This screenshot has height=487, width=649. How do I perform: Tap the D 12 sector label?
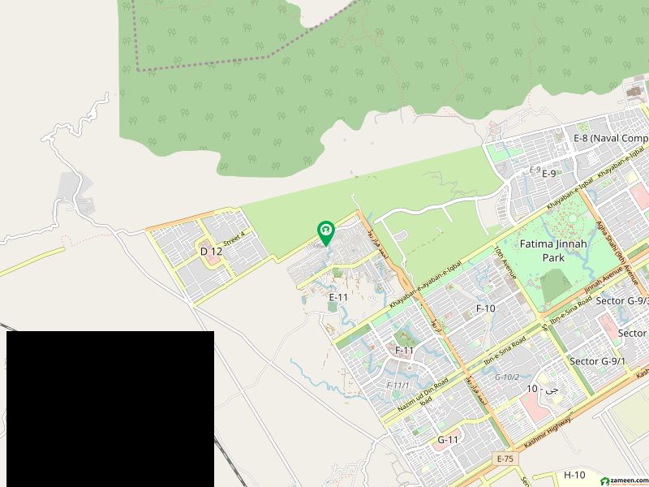211,252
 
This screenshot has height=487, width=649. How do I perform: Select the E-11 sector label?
338,297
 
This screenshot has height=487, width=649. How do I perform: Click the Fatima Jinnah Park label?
542,250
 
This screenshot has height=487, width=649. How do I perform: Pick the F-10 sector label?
485,308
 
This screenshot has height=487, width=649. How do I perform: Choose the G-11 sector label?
448,440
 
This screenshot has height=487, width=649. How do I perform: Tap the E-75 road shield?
506,459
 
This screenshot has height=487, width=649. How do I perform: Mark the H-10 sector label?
574,474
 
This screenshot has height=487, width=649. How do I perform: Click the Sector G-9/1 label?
597,361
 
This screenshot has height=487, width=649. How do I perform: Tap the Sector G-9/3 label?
621,301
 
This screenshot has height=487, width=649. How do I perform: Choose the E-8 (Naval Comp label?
610,138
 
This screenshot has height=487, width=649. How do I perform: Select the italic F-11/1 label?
398,384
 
